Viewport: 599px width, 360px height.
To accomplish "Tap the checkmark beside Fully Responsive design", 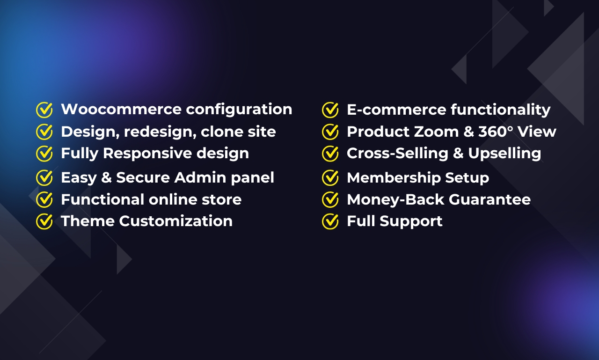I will [44, 154].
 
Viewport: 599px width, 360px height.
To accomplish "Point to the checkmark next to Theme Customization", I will [44, 221].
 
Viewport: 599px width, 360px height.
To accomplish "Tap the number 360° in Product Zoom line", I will [499, 132].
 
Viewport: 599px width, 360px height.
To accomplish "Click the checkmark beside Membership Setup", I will [330, 178].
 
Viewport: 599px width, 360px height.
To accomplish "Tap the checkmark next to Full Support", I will [330, 221].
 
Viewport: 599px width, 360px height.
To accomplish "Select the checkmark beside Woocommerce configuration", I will [44, 110].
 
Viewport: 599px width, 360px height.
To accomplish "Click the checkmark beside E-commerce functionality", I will [330, 110].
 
